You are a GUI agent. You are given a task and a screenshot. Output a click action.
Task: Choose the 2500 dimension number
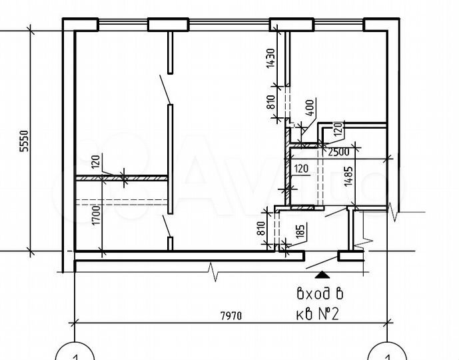[x=338, y=152]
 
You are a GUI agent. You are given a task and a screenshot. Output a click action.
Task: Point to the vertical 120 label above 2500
[x=337, y=131]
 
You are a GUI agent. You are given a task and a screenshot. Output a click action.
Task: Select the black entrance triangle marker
[x=322, y=274]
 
